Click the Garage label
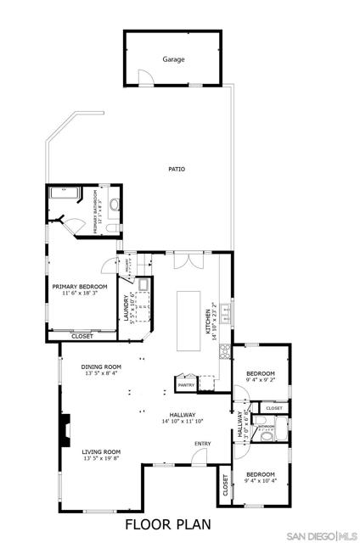[173, 60]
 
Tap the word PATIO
[176, 169]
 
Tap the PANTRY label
[185, 385]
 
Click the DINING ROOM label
[101, 367]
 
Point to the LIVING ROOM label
[101, 451]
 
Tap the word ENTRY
[202, 444]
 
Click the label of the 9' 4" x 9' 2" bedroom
[260, 374]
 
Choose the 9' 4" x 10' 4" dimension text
[260, 482]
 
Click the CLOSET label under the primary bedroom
[82, 336]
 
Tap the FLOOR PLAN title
[166, 524]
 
